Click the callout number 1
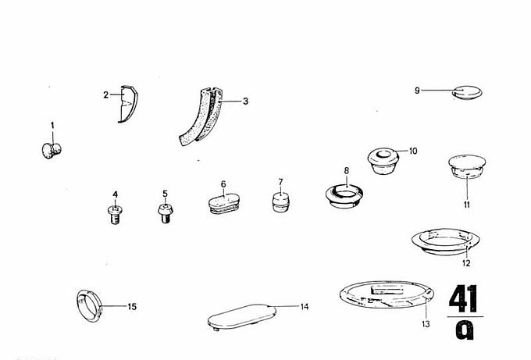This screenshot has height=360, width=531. [x=52, y=126]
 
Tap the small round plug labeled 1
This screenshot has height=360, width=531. [x=52, y=151]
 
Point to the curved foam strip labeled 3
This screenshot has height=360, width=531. [x=201, y=117]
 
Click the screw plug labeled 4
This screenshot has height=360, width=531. [x=115, y=215]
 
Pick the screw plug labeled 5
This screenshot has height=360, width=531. [x=166, y=213]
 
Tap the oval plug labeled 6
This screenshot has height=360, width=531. [x=223, y=203]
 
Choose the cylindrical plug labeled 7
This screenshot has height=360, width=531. [x=281, y=202]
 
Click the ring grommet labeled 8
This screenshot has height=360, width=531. [x=344, y=196]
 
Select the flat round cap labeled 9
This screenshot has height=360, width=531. [x=467, y=92]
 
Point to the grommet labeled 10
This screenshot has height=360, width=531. [x=383, y=161]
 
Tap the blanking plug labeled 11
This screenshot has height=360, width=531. [x=467, y=166]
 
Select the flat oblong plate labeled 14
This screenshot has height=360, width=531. [x=242, y=317]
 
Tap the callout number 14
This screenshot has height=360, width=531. [x=305, y=307]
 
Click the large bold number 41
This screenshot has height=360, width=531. [x=463, y=298]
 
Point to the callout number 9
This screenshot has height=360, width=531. [x=417, y=91]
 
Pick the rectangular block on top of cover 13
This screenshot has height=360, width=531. [x=387, y=290]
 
